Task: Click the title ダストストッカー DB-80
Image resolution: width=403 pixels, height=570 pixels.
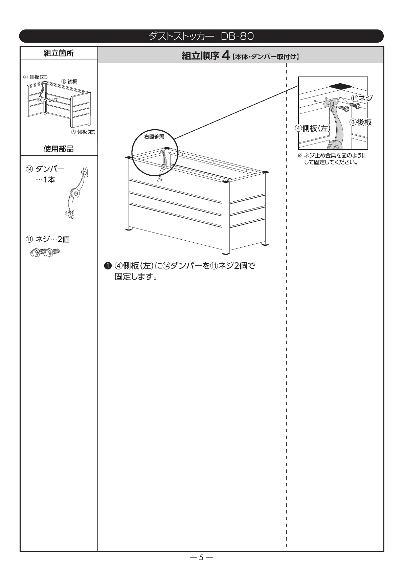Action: pos(201,36)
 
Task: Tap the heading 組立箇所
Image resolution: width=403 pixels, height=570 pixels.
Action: pos(59,53)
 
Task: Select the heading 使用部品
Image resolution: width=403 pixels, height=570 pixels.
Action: pos(59,149)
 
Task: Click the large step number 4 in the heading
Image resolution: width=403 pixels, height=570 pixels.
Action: pos(226,56)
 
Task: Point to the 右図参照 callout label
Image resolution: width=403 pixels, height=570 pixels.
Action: pos(154,137)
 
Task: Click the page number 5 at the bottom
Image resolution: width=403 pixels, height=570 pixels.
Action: pos(201,557)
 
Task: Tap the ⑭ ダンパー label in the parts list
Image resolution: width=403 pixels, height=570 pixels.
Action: pos(45,169)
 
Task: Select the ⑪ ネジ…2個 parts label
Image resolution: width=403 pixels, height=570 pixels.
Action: pos(48,239)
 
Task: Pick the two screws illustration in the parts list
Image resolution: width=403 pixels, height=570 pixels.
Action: pos(45,252)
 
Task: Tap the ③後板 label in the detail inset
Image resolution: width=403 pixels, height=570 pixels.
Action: pos(360,122)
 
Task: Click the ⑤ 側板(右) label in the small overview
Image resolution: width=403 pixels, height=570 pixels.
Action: pos(83,132)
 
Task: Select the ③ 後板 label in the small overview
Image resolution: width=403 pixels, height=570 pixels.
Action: pos(69,82)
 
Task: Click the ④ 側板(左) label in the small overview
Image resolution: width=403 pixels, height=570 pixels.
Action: pos(35,77)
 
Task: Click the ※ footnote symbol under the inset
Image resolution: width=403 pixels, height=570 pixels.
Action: pos(299,156)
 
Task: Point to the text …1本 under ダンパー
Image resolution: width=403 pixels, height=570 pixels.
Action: pos(46,180)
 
